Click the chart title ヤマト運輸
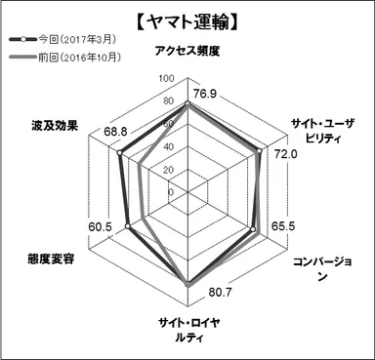(187, 19)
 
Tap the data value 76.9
(205, 94)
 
